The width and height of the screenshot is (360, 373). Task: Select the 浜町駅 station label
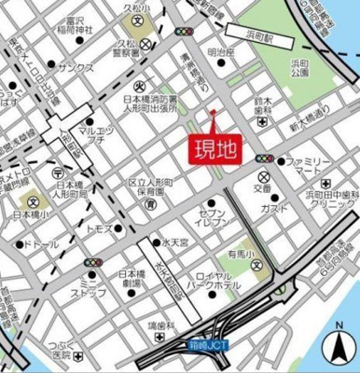pos(253,43)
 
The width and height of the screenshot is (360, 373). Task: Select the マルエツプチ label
pos(96,138)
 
